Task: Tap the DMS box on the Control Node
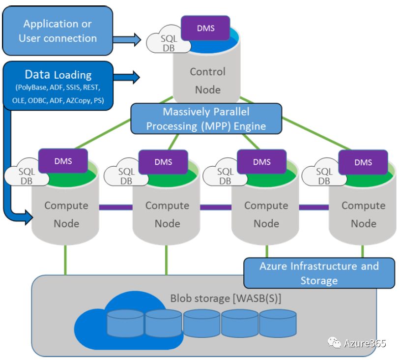[205, 28]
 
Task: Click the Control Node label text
[207, 81]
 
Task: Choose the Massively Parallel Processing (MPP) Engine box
[207, 119]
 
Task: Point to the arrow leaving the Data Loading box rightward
[127, 76]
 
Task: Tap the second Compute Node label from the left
[167, 214]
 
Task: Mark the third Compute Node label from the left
[266, 214]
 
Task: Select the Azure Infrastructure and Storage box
[319, 273]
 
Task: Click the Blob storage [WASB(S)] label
[226, 298]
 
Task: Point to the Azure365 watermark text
[364, 343]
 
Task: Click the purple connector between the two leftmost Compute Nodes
[116, 207]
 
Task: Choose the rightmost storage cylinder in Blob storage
[278, 323]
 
